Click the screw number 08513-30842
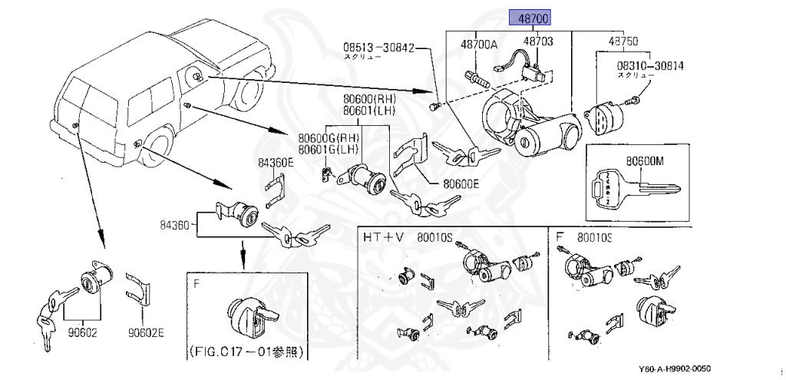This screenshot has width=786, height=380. coord(378,48)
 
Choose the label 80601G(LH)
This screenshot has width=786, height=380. coord(329,149)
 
